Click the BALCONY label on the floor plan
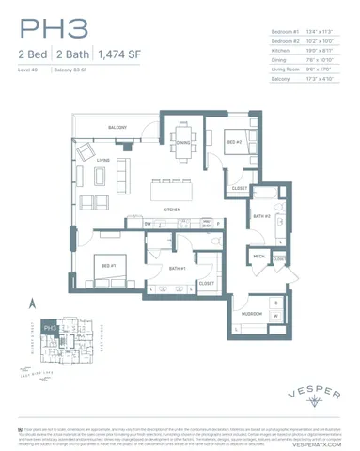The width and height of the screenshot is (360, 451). pyautogui.click(x=117, y=127)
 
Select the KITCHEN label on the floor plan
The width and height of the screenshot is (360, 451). pyautogui.click(x=172, y=209)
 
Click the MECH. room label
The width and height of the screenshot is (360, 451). pyautogui.click(x=258, y=256)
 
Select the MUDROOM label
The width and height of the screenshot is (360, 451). pyautogui.click(x=251, y=312)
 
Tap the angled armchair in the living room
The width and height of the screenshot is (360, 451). pyautogui.click(x=86, y=150)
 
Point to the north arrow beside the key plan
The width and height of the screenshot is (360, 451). pyautogui.click(x=33, y=303)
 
